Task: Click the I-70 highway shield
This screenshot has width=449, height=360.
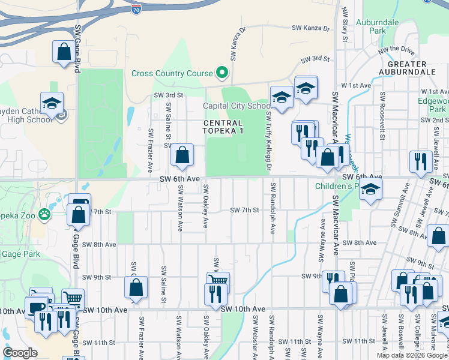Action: (x=136, y=9)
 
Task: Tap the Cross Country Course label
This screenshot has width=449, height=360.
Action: (x=172, y=74)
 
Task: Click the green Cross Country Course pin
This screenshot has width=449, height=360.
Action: (x=222, y=73)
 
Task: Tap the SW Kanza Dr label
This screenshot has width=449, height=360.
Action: (x=311, y=28)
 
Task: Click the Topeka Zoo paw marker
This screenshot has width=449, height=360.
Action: (x=44, y=214)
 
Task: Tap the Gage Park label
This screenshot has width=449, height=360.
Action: (x=20, y=254)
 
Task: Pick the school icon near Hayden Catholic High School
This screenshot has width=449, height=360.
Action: (x=52, y=103)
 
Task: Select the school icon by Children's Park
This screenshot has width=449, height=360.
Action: (x=370, y=189)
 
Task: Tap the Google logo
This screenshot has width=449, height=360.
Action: (x=20, y=353)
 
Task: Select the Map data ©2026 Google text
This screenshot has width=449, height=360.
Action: (x=412, y=355)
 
